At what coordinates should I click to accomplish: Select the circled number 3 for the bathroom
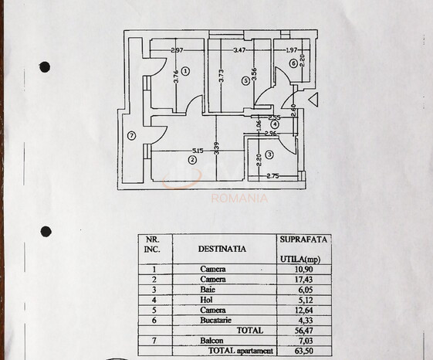(x=269, y=155)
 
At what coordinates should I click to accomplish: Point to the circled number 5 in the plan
(x=245, y=79)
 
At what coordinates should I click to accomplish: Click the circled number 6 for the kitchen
(x=293, y=63)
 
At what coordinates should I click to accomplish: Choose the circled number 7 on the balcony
(x=132, y=136)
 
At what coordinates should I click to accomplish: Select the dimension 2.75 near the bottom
(x=272, y=177)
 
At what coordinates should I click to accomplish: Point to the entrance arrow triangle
(x=312, y=99)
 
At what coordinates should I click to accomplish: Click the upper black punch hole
(x=45, y=67)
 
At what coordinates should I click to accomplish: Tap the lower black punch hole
(x=46, y=231)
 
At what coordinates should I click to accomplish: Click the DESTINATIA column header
(x=222, y=249)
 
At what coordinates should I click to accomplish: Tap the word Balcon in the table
(x=213, y=340)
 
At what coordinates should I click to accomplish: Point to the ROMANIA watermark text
(x=240, y=198)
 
